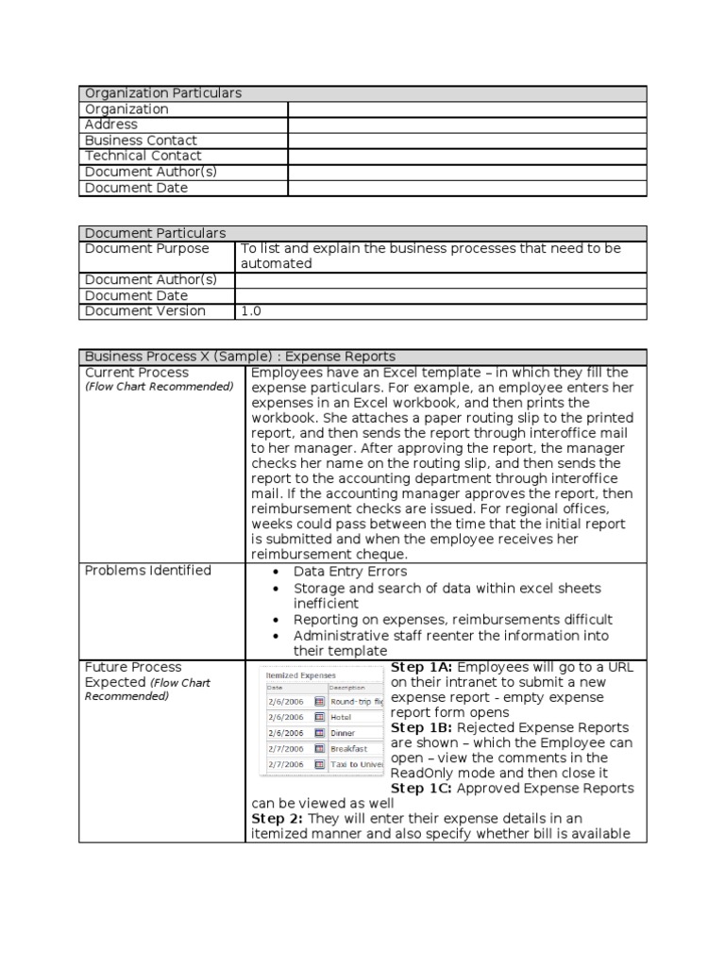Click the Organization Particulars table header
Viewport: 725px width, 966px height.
(x=163, y=93)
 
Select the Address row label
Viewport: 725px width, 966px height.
(x=111, y=125)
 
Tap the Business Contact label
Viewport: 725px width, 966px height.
(x=141, y=141)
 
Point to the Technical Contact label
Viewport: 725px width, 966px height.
(x=143, y=156)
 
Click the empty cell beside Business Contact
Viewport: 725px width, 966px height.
(x=467, y=141)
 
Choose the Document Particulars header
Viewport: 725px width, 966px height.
(x=155, y=233)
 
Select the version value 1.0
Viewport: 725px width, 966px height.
(x=251, y=310)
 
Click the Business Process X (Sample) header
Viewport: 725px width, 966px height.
(x=240, y=357)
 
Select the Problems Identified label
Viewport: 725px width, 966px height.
(x=148, y=571)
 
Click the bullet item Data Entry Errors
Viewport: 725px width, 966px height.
(x=350, y=572)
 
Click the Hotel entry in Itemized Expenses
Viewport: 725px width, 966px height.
(x=341, y=717)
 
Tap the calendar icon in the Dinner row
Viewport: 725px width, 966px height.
(x=319, y=733)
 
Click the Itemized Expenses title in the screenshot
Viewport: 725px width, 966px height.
(x=300, y=676)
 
